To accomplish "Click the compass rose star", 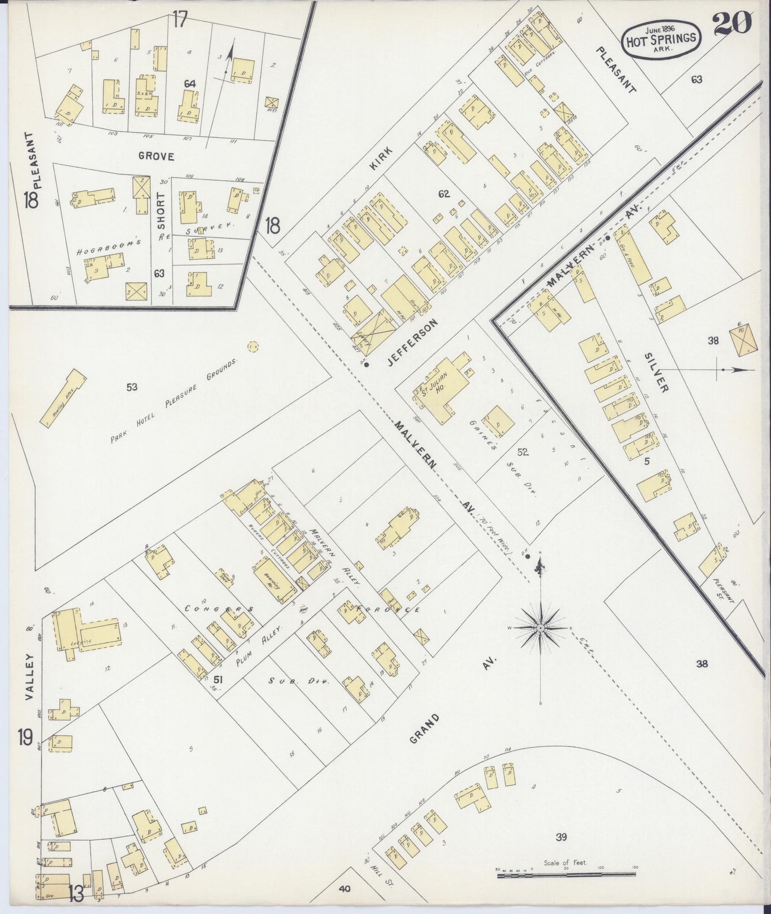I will (541, 628).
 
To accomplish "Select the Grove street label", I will (156, 156).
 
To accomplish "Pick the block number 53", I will (132, 387).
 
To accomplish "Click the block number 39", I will (560, 837).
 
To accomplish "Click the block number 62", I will (444, 194).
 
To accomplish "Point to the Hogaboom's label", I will (116, 244).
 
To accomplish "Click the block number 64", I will (190, 84).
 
